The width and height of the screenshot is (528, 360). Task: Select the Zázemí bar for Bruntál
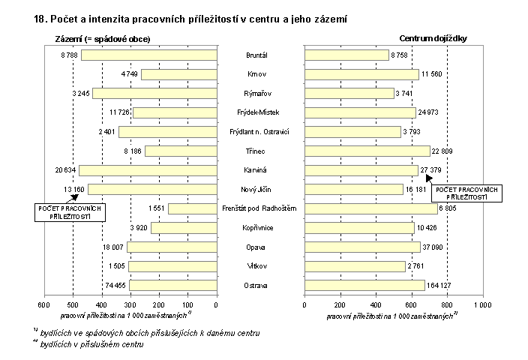tap(148, 55)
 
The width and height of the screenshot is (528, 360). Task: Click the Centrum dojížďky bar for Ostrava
tap(364, 285)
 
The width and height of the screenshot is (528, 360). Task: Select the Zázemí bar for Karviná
tap(148, 170)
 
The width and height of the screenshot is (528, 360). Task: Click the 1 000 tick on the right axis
tap(481, 305)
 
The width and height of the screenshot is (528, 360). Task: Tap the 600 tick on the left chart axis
tap(43, 305)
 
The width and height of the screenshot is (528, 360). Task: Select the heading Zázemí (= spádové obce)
tap(103, 39)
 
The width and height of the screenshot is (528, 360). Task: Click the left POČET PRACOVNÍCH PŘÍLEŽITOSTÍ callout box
tap(69, 211)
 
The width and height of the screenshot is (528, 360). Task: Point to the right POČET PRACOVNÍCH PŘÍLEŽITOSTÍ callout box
tap(466, 193)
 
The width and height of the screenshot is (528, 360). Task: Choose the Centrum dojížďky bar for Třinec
tap(367, 151)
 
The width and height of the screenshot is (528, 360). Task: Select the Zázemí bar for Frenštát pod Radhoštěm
tap(192, 208)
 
